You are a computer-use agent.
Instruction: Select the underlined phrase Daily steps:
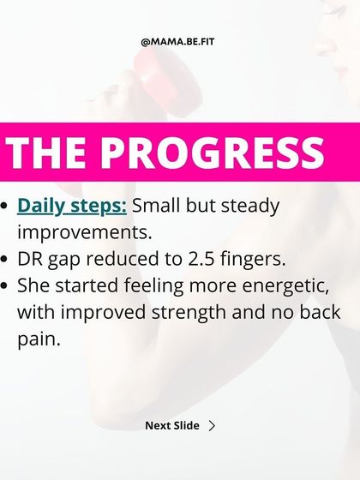72,207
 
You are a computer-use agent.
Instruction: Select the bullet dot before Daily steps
7,207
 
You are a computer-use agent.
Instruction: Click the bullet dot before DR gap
7,259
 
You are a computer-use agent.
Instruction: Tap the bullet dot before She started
7,285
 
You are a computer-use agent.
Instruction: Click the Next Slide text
171,425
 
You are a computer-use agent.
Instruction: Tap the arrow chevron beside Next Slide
212,425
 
